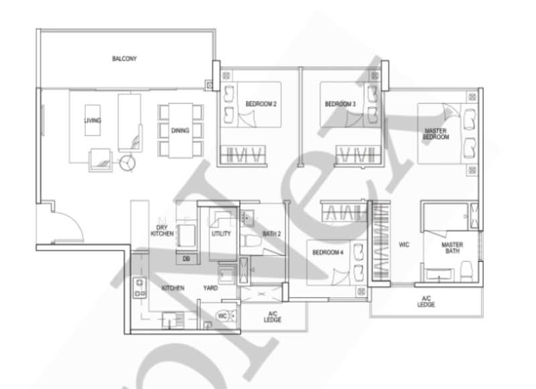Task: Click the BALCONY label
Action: click(x=124, y=59)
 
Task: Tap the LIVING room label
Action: click(x=92, y=121)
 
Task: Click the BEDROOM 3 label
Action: click(x=340, y=104)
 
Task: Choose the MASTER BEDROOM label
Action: click(x=435, y=133)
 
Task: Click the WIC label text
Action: click(x=403, y=245)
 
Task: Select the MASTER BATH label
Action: click(x=452, y=249)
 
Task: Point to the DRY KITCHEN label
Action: click(x=162, y=230)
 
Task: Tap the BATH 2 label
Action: click(x=271, y=234)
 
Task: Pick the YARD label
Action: click(x=210, y=288)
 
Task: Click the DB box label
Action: click(x=186, y=258)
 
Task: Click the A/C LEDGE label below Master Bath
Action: click(x=425, y=302)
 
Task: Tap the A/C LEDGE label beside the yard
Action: click(x=272, y=317)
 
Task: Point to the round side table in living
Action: click(x=127, y=161)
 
